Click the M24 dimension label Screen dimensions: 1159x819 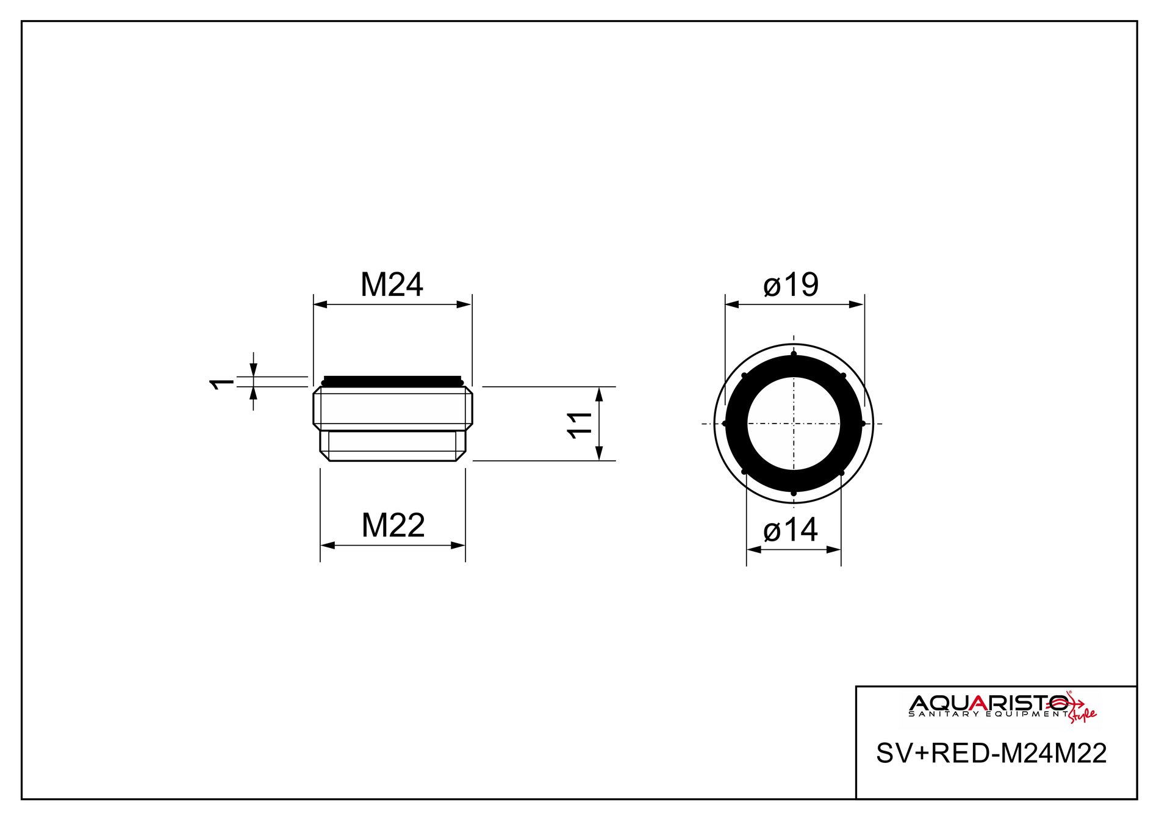pyautogui.click(x=392, y=284)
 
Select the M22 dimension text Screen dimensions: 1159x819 pyautogui.click(x=393, y=525)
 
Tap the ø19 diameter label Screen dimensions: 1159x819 pyautogui.click(x=791, y=284)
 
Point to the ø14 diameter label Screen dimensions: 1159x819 pyautogui.click(x=790, y=529)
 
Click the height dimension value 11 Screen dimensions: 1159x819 pyautogui.click(x=579, y=424)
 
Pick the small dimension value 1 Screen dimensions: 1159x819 pyautogui.click(x=222, y=383)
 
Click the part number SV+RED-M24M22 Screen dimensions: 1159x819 pyautogui.click(x=991, y=753)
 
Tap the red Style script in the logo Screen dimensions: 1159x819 pyautogui.click(x=1082, y=712)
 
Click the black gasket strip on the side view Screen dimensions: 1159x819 pyautogui.click(x=392, y=381)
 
